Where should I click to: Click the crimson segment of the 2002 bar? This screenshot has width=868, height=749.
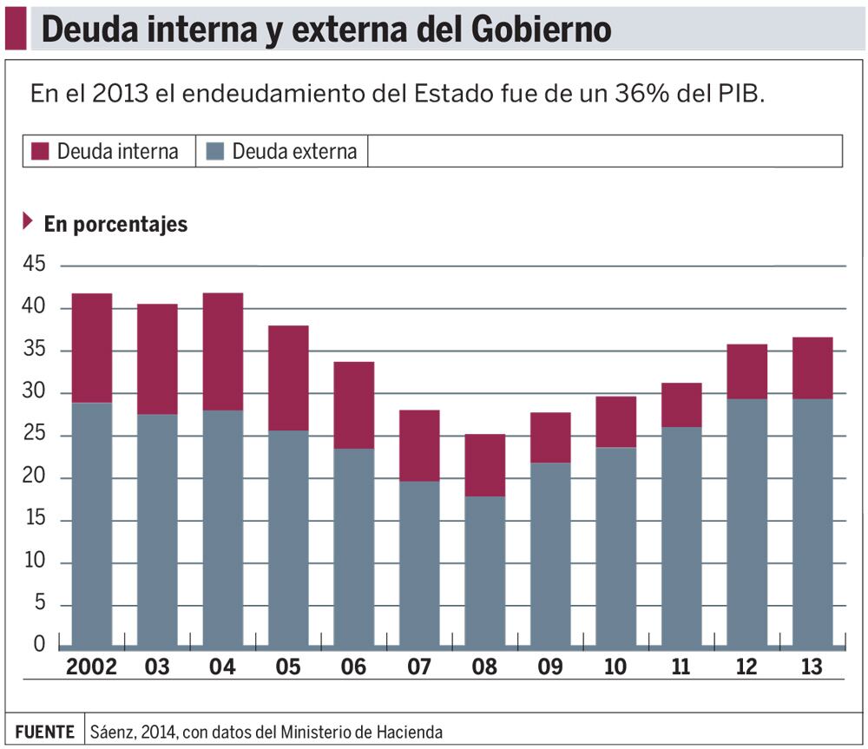91,348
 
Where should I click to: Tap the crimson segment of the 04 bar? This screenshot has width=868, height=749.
222,352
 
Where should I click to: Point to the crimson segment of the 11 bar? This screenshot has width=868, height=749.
681,404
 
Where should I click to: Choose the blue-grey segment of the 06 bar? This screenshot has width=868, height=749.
353,547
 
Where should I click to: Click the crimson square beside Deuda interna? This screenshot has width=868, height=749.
41,151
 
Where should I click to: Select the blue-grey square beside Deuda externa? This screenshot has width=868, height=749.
215,151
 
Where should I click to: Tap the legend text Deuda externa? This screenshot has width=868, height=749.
294,151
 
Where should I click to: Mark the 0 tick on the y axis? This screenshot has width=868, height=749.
39,644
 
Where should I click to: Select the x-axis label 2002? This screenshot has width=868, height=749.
91,667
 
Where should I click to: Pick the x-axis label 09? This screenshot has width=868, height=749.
549,667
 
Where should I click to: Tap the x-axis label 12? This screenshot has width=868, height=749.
746,667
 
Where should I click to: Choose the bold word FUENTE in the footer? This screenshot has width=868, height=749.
44,732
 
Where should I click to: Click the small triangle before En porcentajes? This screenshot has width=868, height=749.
28,221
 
